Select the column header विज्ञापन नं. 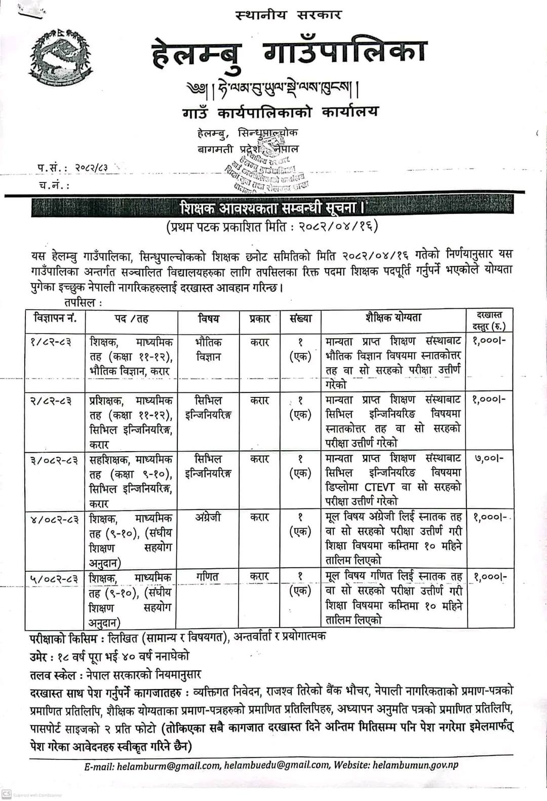pyautogui.click(x=55, y=319)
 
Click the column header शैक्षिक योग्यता pyautogui.click(x=393, y=318)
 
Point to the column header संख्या pyautogui.click(x=300, y=319)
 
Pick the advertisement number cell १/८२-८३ pyautogui.click(x=51, y=342)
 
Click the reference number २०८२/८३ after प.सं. pyautogui.click(x=91, y=167)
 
